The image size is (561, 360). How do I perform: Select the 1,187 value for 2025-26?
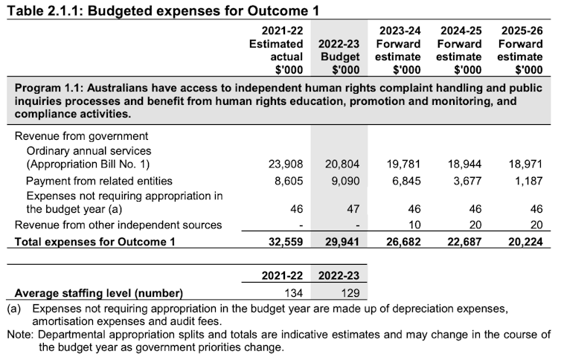527,181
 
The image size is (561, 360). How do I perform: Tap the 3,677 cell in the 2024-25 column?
466,181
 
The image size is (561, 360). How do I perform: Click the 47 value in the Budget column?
353,210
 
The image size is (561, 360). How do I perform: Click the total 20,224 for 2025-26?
524,241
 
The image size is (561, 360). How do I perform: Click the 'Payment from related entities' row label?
99,181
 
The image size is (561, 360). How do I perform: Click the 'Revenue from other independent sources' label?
118,225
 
